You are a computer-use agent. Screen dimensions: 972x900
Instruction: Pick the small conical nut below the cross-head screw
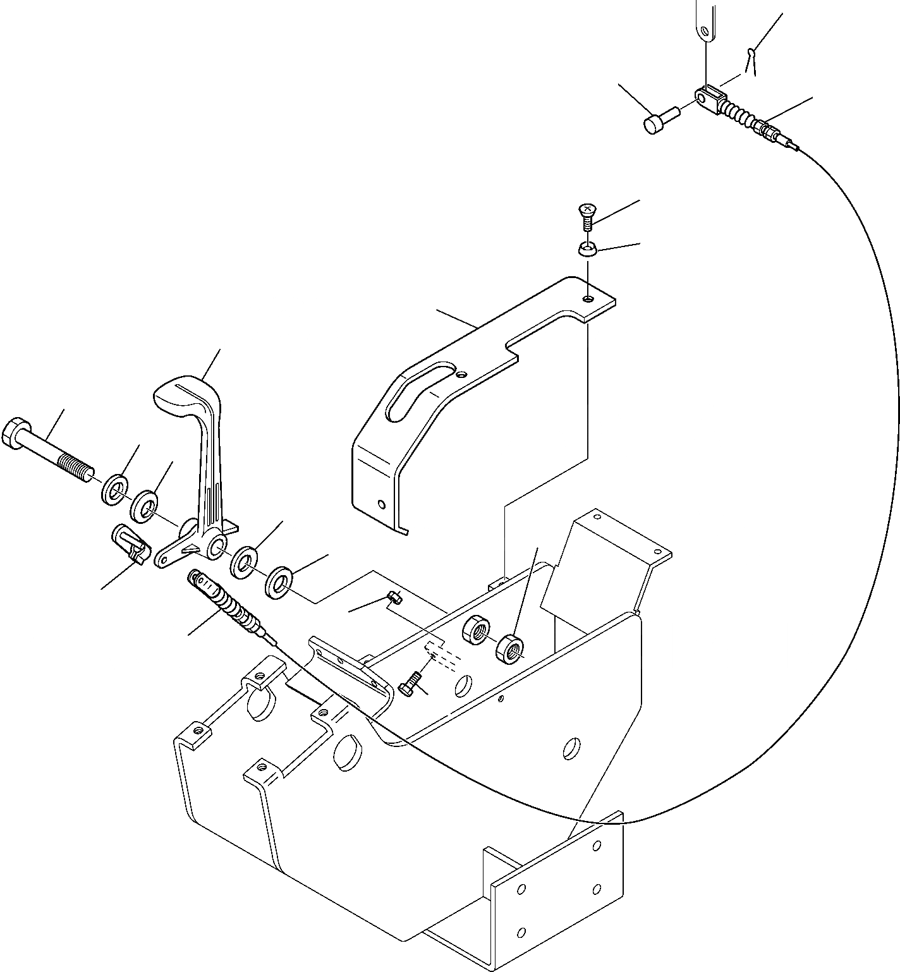(x=587, y=251)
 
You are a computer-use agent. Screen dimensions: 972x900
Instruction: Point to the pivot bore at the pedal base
(x=216, y=544)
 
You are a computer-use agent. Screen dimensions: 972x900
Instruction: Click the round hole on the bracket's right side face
(x=571, y=748)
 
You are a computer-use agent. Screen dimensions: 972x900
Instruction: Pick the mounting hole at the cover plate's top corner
(x=589, y=298)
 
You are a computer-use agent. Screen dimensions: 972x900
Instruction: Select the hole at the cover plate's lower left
(x=380, y=504)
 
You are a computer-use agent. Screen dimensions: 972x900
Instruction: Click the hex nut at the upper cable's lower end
(x=765, y=132)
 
